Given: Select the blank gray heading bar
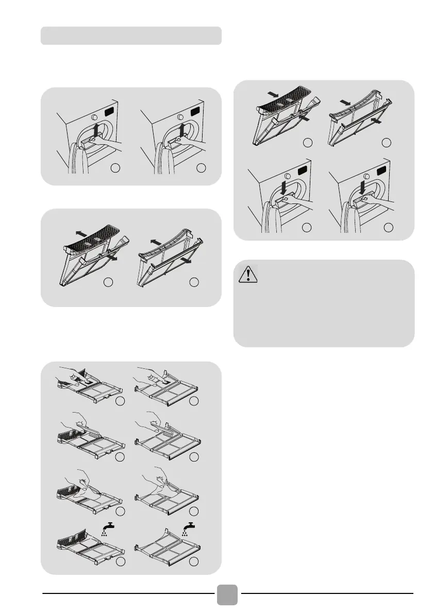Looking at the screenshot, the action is pyautogui.click(x=131, y=36).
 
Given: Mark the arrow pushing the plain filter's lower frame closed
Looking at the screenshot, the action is pyautogui.click(x=375, y=123).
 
